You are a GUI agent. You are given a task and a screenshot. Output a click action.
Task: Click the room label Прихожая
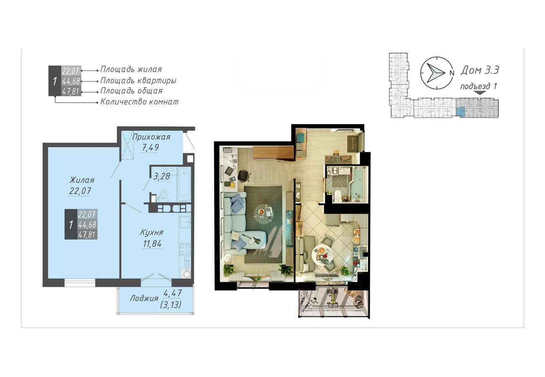pyautogui.click(x=151, y=137)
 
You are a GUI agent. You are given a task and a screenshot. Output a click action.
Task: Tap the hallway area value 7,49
pyautogui.click(x=151, y=147)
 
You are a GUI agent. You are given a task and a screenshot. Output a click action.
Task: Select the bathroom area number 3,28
pyautogui.click(x=161, y=176)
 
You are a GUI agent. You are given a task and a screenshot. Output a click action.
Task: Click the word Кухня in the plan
pyautogui.click(x=151, y=232)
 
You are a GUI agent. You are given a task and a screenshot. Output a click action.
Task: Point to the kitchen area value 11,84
pyautogui.click(x=152, y=243)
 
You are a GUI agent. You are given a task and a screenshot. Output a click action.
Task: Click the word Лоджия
pyautogui.click(x=144, y=298)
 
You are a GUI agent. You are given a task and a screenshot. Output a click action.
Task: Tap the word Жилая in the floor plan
pyautogui.click(x=82, y=180)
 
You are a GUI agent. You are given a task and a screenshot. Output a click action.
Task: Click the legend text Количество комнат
pyautogui.click(x=140, y=102)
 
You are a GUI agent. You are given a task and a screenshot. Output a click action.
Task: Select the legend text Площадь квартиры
pyautogui.click(x=138, y=81)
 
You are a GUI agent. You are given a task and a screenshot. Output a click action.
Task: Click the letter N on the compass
pyautogui.click(x=452, y=73)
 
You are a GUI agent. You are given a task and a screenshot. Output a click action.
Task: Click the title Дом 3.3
pyautogui.click(x=480, y=70)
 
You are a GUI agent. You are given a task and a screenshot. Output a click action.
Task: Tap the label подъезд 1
pyautogui.click(x=478, y=86)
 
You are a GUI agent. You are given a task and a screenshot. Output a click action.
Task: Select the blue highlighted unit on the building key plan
pyautogui.click(x=460, y=112)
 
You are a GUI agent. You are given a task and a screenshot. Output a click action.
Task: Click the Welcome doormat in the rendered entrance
pyautogui.click(x=353, y=144)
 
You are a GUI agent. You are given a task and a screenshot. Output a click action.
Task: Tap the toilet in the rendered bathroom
pyautogui.click(x=337, y=196)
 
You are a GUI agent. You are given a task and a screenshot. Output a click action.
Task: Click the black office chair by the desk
pyautogui.click(x=244, y=176)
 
